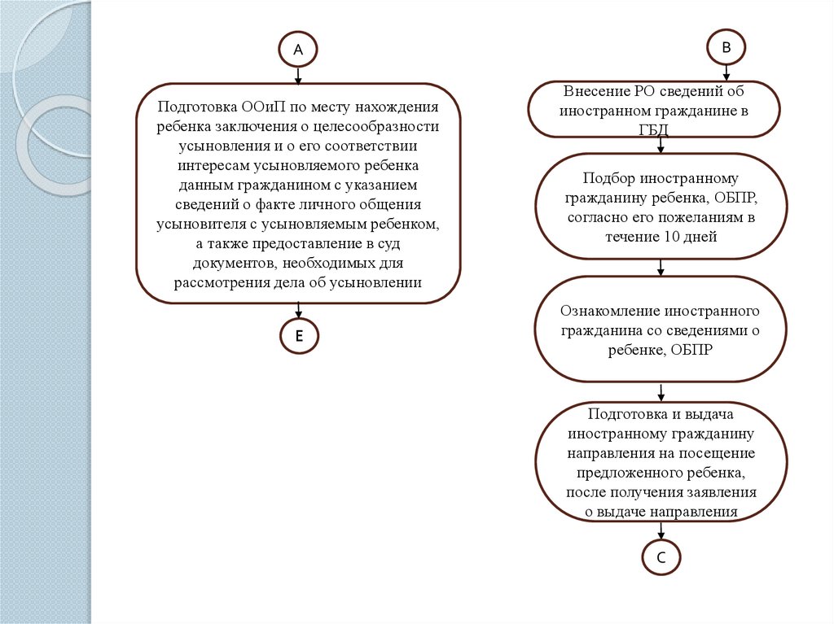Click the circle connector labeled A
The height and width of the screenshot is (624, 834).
point(298,50)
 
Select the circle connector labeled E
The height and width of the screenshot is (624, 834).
point(299,337)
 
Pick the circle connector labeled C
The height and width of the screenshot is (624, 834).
point(661,557)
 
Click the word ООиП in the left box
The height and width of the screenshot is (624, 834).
point(261,107)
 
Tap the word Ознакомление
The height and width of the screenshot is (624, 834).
point(610,312)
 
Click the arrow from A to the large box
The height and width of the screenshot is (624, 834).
point(298,75)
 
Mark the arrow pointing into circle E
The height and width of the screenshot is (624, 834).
point(299,311)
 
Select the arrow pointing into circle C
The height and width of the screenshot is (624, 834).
point(661,530)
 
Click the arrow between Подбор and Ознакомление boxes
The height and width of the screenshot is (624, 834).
point(661,267)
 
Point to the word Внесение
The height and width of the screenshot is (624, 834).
point(595,91)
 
